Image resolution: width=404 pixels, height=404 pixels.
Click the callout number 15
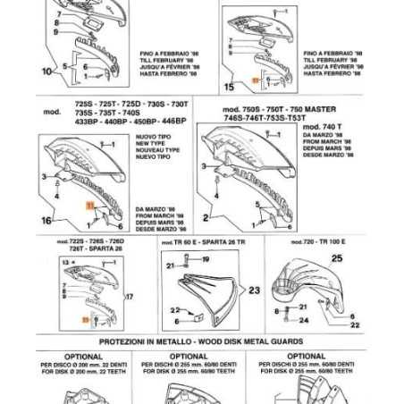click(x=229, y=87)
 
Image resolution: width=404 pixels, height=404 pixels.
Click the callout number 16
click(x=46, y=218)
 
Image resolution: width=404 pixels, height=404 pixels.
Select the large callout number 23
click(x=253, y=290)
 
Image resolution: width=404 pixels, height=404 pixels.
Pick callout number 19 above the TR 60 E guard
click(x=204, y=259)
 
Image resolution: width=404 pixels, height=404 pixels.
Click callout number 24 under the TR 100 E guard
click(x=303, y=319)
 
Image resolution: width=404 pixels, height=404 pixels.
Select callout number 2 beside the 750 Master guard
click(x=206, y=217)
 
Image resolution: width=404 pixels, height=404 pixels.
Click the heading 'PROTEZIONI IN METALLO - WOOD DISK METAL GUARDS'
click(x=201, y=343)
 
